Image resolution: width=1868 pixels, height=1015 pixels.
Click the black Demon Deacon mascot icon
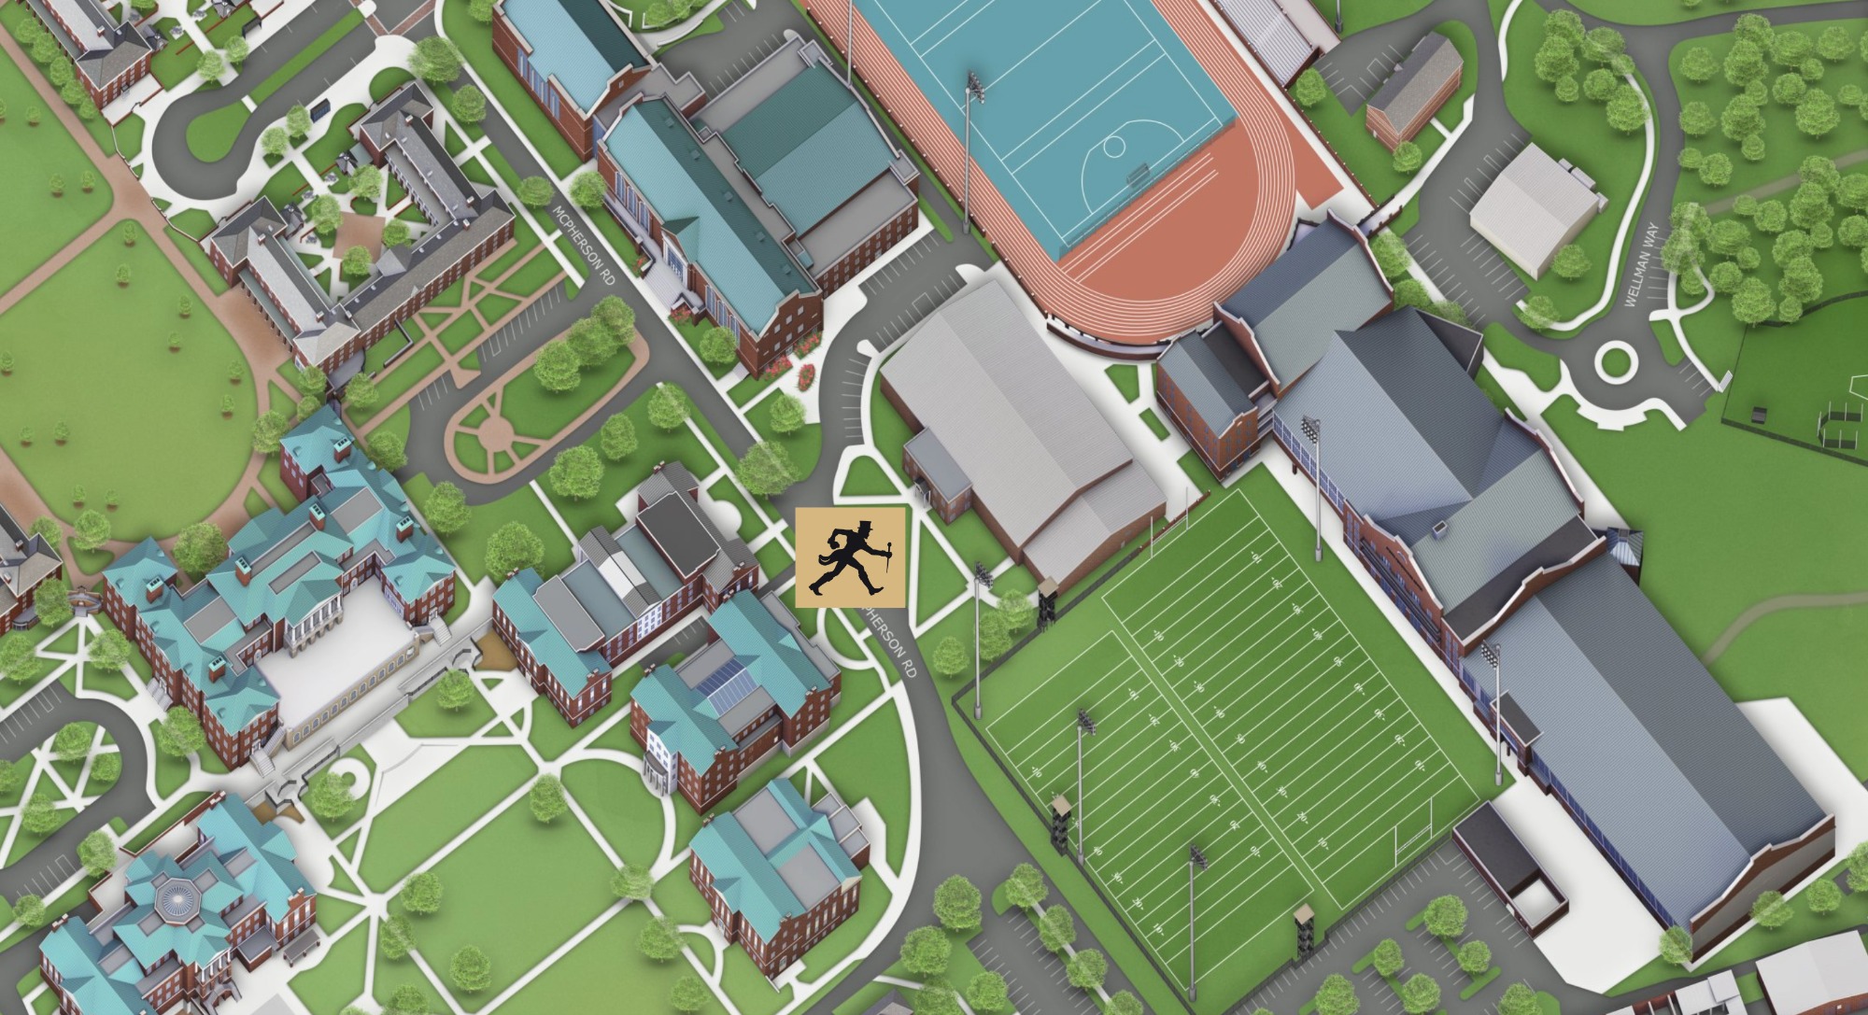pyautogui.click(x=849, y=557)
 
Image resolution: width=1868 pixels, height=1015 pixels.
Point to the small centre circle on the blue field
pyautogui.click(x=1113, y=147)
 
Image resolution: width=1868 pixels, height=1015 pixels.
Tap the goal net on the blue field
pyautogui.click(x=1138, y=174)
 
